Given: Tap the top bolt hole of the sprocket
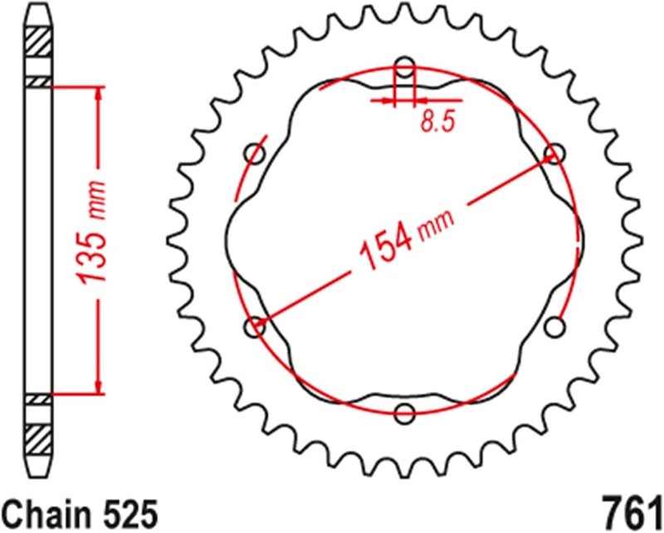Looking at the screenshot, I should tap(404, 66).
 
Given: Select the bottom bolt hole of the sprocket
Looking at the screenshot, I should tap(404, 413).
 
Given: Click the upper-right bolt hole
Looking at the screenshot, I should tap(554, 154).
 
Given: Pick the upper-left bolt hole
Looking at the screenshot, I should tap(255, 154).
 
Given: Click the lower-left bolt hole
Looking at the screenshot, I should tap(256, 327).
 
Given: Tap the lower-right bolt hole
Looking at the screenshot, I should tap(554, 326).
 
